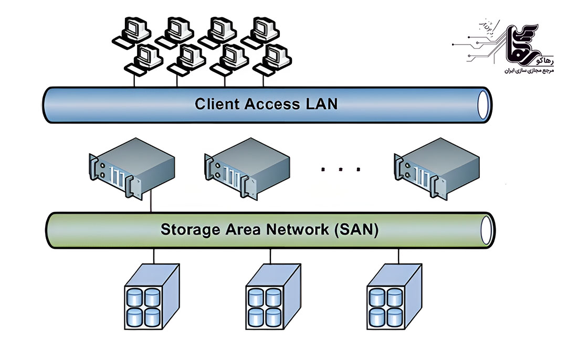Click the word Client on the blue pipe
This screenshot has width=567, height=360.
pyautogui.click(x=217, y=103)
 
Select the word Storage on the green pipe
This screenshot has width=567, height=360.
pyautogui.click(x=191, y=229)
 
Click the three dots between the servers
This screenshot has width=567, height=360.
pyautogui.click(x=341, y=169)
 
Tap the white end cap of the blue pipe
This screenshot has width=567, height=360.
pyautogui.click(x=482, y=104)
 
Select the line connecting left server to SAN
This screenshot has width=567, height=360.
pyautogui.click(x=151, y=202)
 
